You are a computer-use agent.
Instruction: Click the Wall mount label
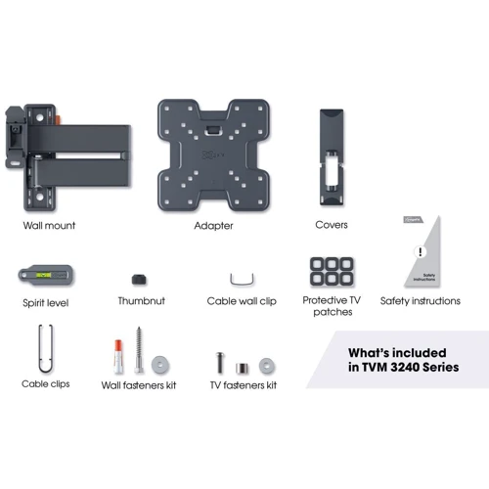(x=49, y=225)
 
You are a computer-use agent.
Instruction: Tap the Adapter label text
(x=213, y=225)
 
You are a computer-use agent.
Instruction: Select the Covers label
(x=332, y=225)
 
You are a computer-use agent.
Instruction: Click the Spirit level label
(x=44, y=303)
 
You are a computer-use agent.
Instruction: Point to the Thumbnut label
(x=143, y=301)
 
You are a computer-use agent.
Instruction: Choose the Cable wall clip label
(x=242, y=301)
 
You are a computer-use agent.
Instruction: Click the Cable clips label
(x=46, y=384)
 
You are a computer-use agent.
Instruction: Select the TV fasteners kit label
(x=244, y=385)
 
